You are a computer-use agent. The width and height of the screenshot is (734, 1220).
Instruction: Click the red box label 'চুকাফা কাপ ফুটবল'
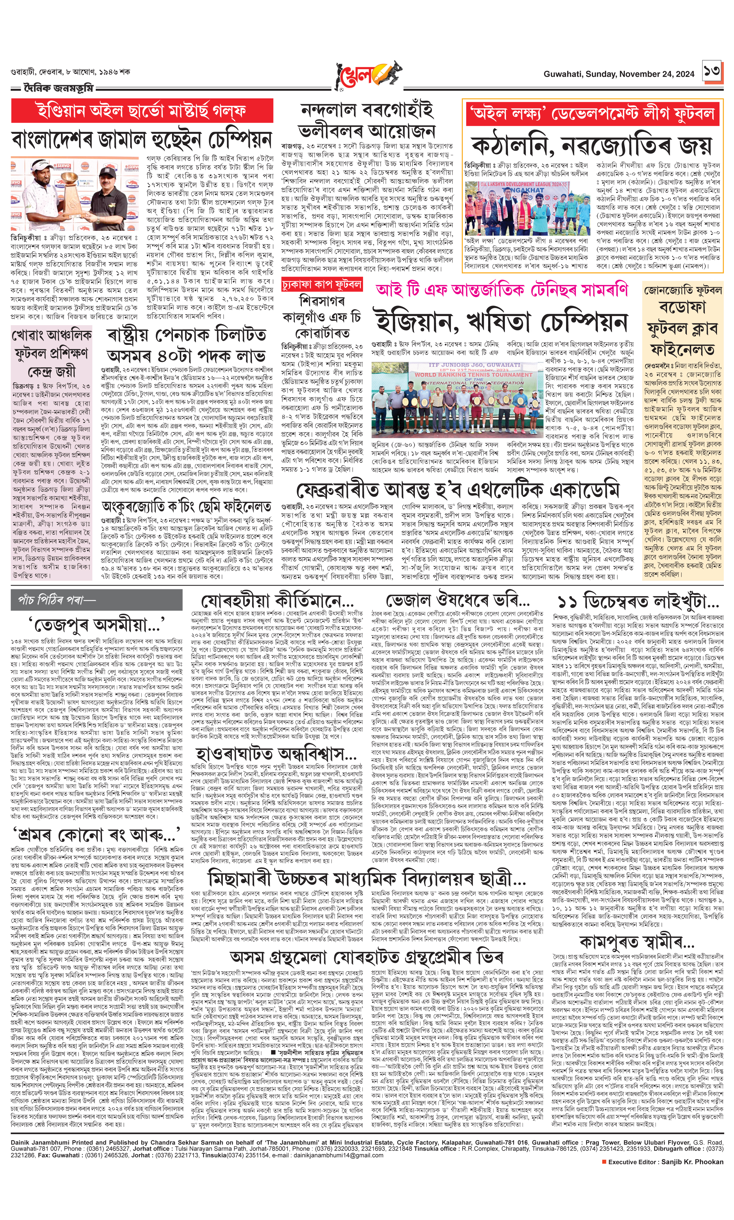point(322,284)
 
